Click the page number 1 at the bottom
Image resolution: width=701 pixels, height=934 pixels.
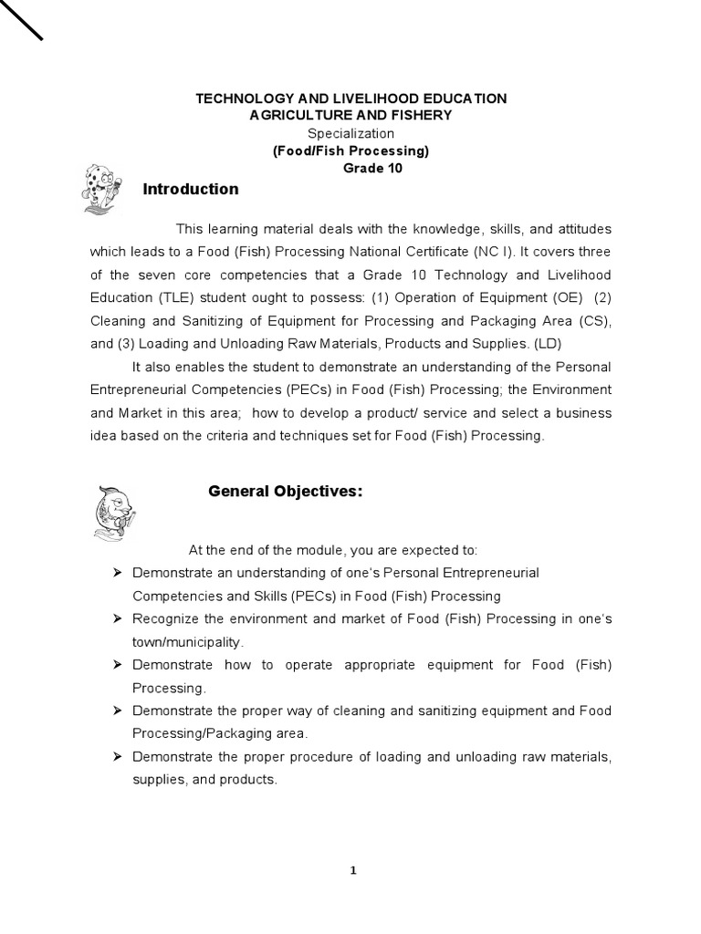coord(352,870)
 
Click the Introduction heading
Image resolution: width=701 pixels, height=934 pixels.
coord(191,190)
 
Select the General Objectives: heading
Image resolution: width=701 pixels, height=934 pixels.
coord(285,492)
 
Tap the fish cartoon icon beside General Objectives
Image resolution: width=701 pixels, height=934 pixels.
coord(114,512)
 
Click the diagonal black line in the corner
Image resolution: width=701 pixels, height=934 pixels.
coord(21,19)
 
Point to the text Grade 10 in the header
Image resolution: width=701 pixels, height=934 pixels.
coord(371,169)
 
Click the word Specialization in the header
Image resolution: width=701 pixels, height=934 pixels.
coord(350,134)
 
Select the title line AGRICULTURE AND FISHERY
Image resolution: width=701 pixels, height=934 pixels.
coord(350,116)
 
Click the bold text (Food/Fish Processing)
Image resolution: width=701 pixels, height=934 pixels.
coord(350,151)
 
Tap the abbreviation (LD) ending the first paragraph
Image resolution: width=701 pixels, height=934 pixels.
coord(549,344)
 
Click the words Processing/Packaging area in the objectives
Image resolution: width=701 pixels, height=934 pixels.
coord(220,733)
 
